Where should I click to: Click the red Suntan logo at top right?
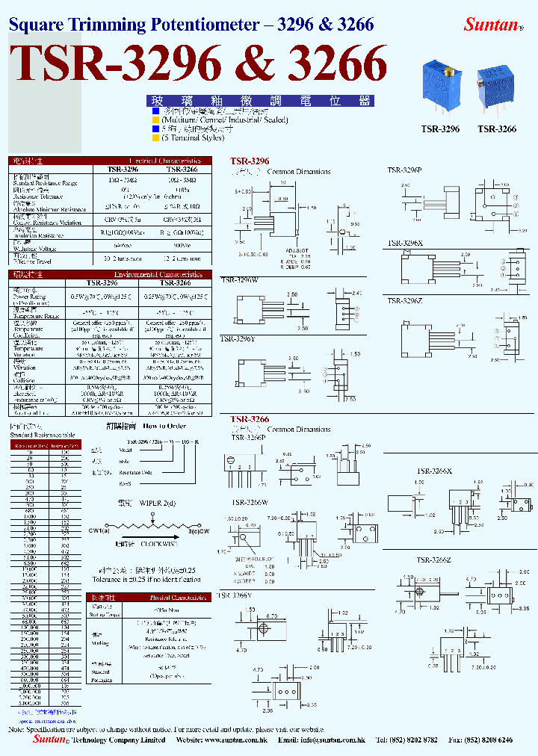point(492,24)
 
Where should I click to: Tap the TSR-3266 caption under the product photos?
point(497,128)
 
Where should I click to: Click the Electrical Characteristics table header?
point(164,161)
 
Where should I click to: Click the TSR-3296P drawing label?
point(404,170)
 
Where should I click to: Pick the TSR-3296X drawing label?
point(404,244)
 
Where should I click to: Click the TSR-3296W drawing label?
point(238,280)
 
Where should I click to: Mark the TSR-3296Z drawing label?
point(404,300)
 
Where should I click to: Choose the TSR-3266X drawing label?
point(434,471)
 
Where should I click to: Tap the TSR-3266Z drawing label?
point(434,560)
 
